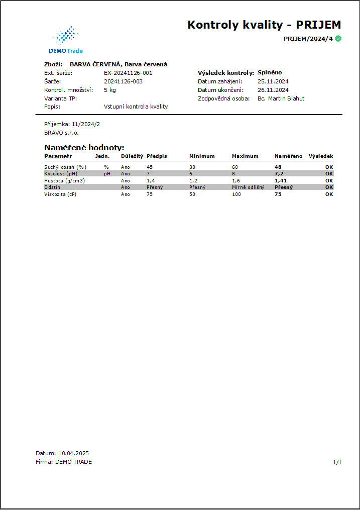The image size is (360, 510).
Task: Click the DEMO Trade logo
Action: (66, 40)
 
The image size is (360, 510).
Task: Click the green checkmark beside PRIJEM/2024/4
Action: (338, 39)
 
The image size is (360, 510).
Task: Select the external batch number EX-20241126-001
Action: (128, 73)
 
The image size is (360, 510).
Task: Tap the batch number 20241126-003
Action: (123, 81)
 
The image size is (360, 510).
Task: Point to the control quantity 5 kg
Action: (109, 90)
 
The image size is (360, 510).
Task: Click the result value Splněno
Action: (270, 72)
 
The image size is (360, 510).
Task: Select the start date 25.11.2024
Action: (273, 81)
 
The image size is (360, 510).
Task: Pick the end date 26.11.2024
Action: (273, 90)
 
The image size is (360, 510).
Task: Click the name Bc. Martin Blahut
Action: (281, 98)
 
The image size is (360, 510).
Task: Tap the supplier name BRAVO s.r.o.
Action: (62, 133)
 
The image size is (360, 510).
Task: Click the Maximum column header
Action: (245, 156)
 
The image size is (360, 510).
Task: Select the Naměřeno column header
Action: (288, 156)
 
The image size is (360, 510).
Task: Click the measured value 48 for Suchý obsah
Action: (278, 167)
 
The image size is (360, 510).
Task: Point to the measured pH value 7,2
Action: (279, 173)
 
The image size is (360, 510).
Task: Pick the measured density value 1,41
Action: (281, 180)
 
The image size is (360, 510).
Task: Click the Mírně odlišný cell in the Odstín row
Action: (248, 187)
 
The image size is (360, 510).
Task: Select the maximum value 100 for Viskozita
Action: (236, 194)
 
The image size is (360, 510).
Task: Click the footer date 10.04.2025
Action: (73, 453)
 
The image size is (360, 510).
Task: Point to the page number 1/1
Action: (337, 462)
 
